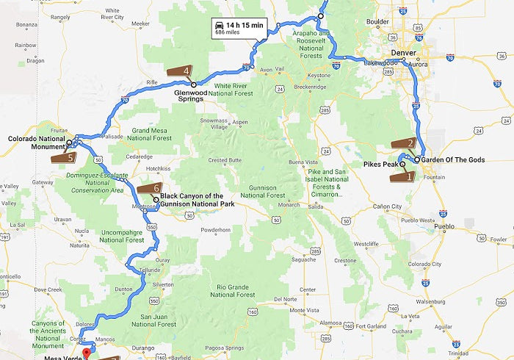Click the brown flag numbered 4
coord(180,71)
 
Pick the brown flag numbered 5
coord(63,156)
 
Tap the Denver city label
coord(404,53)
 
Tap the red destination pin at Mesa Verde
coord(85,351)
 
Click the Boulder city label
coord(377,22)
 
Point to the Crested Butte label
coord(225,160)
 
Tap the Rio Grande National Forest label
coord(232,291)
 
